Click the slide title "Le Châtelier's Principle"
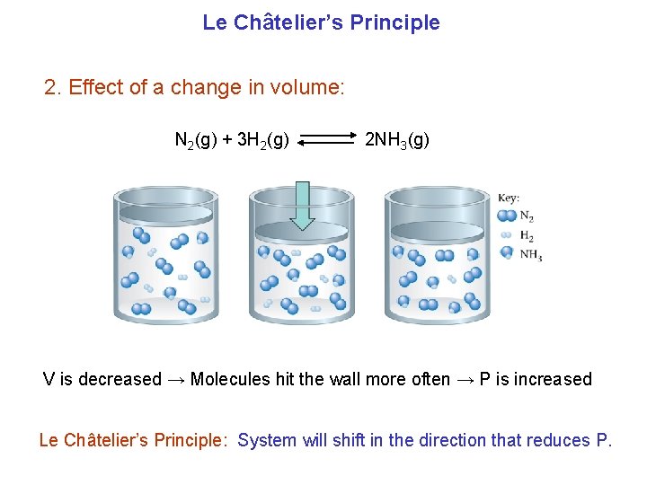point(321,22)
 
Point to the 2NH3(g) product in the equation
point(396,140)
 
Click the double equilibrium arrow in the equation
point(326,140)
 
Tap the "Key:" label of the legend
point(509,198)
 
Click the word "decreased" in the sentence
point(120,379)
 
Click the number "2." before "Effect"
point(53,88)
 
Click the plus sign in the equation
point(227,140)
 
